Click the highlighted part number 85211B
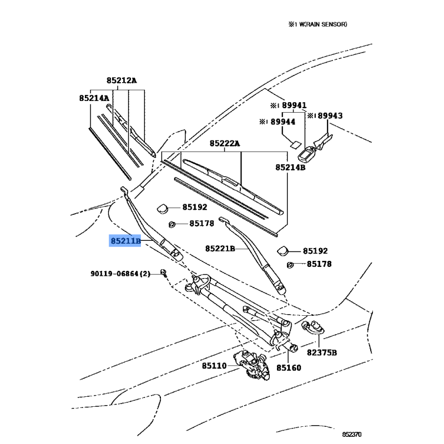click(x=125, y=241)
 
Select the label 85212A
click(x=121, y=80)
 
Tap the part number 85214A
click(x=93, y=98)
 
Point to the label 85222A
click(x=224, y=144)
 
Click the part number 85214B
click(x=290, y=167)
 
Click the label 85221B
click(x=220, y=248)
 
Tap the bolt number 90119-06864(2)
click(x=120, y=274)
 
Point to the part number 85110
click(x=214, y=366)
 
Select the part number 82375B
click(x=322, y=352)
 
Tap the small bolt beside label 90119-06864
click(x=164, y=272)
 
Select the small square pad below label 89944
click(x=292, y=142)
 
